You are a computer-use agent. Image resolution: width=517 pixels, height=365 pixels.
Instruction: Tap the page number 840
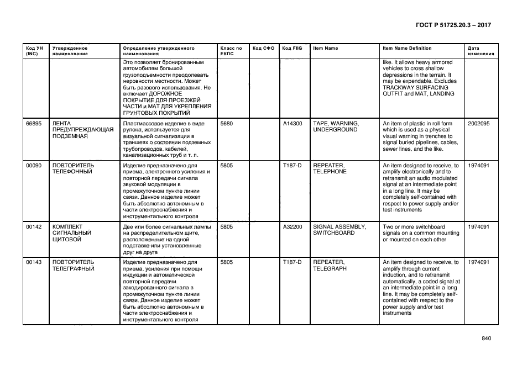487,338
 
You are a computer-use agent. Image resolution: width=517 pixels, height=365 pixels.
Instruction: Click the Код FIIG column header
292,48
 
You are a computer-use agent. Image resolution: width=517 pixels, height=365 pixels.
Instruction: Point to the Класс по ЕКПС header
231,51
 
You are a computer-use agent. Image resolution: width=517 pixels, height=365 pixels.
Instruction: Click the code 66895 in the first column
34,123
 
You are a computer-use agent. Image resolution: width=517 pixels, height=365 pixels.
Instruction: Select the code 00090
34,165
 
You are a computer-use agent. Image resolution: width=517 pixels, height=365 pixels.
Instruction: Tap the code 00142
34,226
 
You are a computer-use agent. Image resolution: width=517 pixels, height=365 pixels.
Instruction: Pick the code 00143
34,262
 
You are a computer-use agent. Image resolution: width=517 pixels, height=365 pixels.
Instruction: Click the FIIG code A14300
293,123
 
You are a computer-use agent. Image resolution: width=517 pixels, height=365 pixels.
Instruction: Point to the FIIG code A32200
293,226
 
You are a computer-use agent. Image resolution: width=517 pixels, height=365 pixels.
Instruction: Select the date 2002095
478,123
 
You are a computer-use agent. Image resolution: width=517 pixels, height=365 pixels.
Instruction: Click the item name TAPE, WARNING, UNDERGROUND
336,126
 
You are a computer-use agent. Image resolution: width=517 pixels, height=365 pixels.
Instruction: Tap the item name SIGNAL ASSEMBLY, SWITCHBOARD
340,230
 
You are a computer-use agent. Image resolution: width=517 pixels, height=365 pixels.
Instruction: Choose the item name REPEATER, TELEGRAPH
330,266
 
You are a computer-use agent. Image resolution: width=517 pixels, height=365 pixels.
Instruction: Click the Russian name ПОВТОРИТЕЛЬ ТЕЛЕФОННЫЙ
73,168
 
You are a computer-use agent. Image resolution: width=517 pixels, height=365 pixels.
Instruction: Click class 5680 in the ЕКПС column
226,123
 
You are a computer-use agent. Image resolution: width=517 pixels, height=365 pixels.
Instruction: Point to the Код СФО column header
263,48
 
